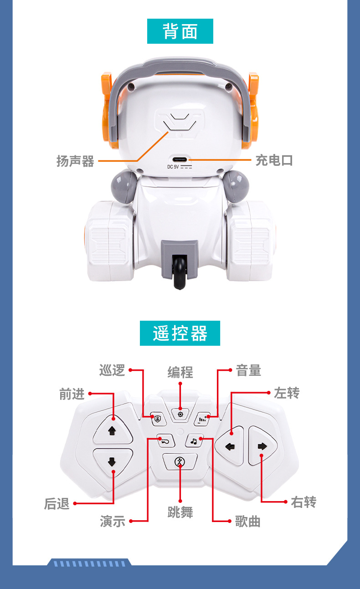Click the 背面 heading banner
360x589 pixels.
(x=180, y=31)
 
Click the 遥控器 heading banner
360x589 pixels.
(x=180, y=333)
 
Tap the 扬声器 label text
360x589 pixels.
(x=75, y=161)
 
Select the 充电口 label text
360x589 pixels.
(x=273, y=160)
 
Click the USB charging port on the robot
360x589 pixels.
(x=180, y=160)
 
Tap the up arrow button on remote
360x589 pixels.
(x=112, y=430)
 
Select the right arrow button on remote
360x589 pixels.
(x=262, y=446)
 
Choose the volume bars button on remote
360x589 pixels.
(x=202, y=418)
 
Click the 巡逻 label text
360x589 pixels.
(x=112, y=370)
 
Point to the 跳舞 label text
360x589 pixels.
(x=180, y=512)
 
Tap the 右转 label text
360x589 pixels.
(x=303, y=502)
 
